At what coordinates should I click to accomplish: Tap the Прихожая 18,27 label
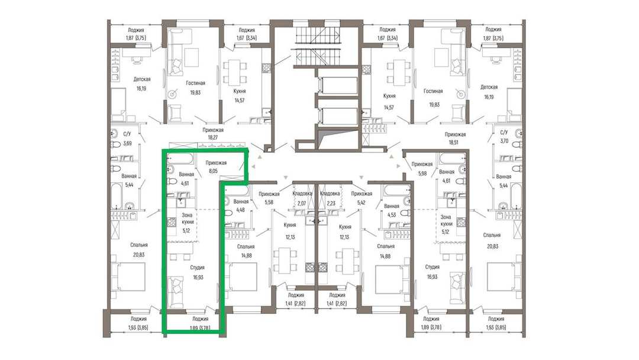pyautogui.click(x=213, y=134)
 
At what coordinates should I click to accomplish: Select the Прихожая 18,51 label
pyautogui.click(x=455, y=138)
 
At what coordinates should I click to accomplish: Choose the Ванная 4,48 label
pyautogui.click(x=241, y=206)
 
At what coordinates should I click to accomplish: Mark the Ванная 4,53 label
pyautogui.click(x=391, y=210)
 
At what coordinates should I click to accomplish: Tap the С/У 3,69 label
pyautogui.click(x=127, y=138)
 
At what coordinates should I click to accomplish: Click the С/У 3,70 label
pyautogui.click(x=504, y=137)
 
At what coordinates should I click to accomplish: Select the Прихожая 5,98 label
pyautogui.click(x=422, y=168)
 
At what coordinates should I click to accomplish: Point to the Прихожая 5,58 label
pyautogui.click(x=269, y=198)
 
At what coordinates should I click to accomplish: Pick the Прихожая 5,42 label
pyautogui.click(x=362, y=198)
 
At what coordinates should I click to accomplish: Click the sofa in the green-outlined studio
pyautogui.click(x=176, y=291)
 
